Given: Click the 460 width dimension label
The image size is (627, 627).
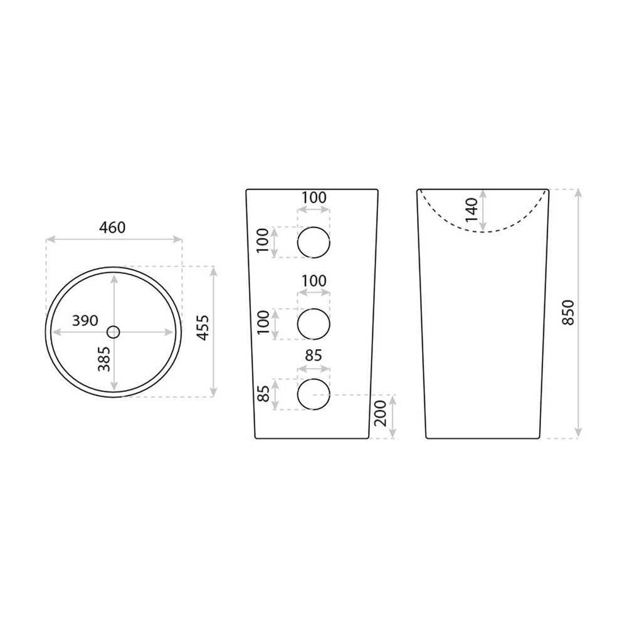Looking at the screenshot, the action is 112,228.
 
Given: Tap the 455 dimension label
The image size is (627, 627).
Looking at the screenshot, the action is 203,327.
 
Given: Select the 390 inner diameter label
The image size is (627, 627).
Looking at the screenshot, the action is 85,320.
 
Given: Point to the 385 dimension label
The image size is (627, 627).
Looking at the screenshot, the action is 104,359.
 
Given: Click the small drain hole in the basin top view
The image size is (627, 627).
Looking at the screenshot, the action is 113,332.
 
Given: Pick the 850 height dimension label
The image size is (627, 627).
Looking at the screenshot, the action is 568,312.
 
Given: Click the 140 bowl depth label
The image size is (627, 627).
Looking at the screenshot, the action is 472,210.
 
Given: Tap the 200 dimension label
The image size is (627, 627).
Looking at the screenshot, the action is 381,413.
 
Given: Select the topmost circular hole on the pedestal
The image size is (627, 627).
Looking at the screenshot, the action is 313,242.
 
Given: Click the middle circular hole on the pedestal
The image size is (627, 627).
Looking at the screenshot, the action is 313,324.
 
